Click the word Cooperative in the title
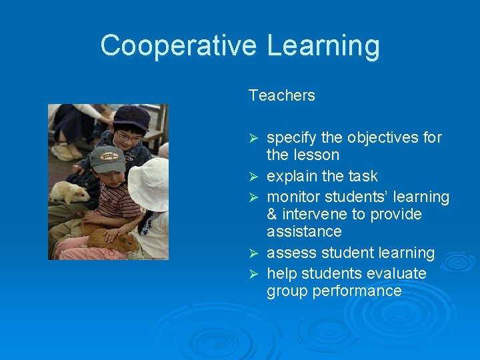click(178, 46)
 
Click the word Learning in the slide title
click(323, 46)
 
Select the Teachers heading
click(281, 95)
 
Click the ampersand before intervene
click(272, 215)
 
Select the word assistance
click(304, 232)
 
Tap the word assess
click(288, 253)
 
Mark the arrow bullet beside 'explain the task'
click(253, 177)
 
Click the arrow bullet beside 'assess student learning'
click(253, 253)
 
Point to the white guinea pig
click(69, 193)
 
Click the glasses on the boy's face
click(128, 138)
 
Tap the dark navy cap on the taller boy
click(132, 118)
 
